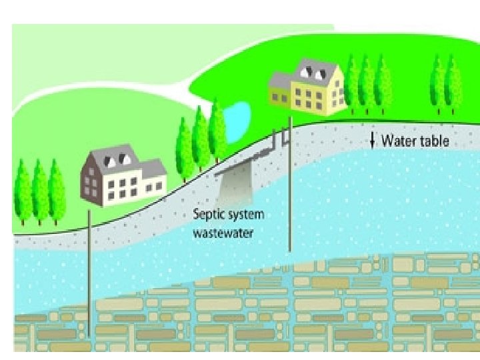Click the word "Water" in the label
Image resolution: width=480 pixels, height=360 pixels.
397,141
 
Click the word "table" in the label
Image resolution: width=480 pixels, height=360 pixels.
433,141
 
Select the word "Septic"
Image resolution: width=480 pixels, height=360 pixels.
209,215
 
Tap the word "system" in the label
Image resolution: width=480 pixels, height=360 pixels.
245,215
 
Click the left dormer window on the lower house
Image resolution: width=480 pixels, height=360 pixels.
109,159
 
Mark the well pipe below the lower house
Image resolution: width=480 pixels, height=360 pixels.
89,267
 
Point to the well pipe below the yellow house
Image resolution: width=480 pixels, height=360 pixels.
291,193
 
